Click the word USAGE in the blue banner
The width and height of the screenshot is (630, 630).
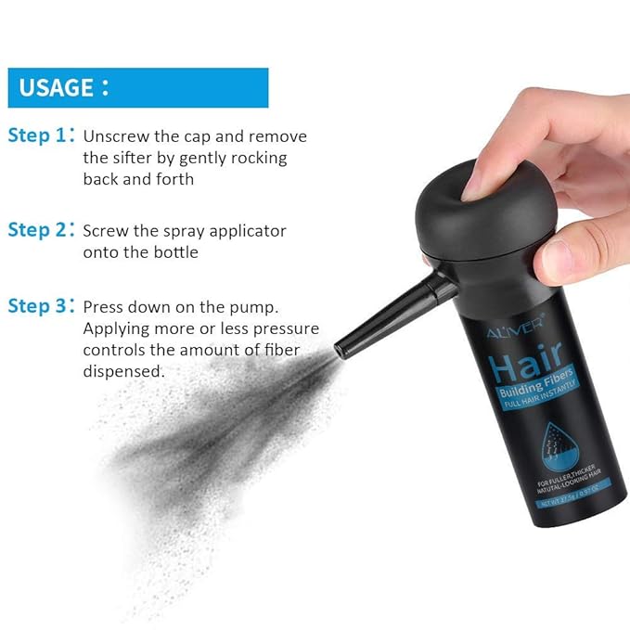tap(58, 88)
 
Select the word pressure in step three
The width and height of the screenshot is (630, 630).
tap(288, 328)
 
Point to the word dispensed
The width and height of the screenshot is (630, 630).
tap(124, 371)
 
